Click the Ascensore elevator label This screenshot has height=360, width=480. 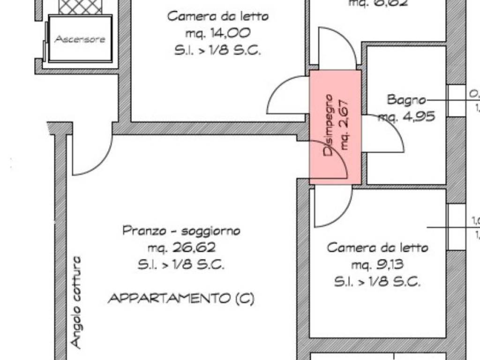click(x=80, y=39)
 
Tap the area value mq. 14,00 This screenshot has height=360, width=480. click(x=217, y=33)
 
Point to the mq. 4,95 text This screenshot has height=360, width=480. click(x=407, y=116)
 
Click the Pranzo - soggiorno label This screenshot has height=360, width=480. click(x=181, y=231)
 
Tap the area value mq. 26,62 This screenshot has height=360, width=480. click(x=181, y=247)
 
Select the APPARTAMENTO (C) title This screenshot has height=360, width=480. click(x=181, y=299)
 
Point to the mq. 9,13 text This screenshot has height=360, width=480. click(x=378, y=265)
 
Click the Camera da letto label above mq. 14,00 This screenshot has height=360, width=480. click(x=218, y=16)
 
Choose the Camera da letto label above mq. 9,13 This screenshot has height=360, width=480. click(x=378, y=247)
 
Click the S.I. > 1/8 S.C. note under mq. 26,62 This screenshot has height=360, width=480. click(x=181, y=265)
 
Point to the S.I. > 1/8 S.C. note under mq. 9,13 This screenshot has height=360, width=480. click(x=377, y=282)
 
